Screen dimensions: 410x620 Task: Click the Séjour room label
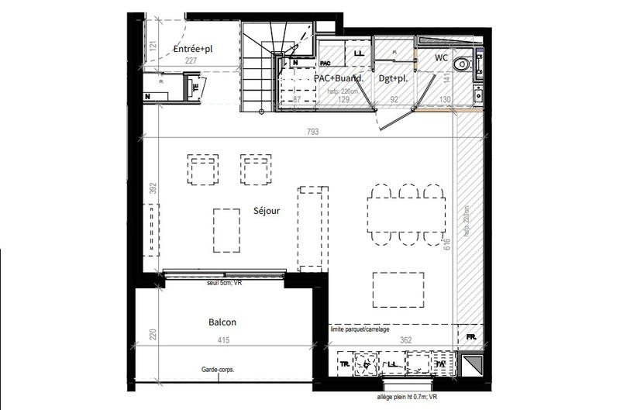coord(266,210)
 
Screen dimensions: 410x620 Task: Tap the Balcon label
coord(222,322)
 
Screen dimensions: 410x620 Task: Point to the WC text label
coord(441,57)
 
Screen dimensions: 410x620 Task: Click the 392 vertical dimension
coord(153,188)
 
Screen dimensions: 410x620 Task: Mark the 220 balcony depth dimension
coord(153,335)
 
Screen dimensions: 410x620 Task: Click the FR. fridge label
coord(470,337)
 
